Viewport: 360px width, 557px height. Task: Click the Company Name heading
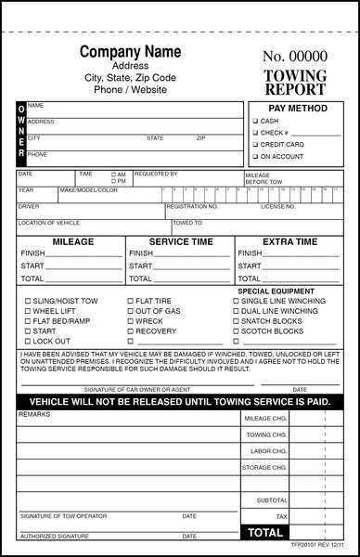tap(130, 51)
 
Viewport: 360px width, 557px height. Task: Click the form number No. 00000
tap(295, 57)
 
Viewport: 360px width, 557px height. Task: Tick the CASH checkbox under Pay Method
tap(255, 121)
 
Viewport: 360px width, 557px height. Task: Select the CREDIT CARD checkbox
tap(255, 145)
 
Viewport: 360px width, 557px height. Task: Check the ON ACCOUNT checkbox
tap(255, 157)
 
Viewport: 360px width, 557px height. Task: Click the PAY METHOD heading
tap(294, 108)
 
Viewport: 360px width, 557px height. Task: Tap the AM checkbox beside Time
tap(114, 174)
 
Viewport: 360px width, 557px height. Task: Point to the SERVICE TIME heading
tap(181, 241)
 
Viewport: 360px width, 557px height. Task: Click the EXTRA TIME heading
tap(289, 241)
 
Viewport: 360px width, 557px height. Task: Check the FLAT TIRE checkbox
tap(131, 302)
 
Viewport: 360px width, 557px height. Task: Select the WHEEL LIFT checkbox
tap(27, 312)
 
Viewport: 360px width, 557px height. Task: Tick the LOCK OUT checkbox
tap(27, 342)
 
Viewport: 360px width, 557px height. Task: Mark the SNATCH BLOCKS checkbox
tap(237, 321)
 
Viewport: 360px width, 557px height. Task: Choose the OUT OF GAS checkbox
tap(131, 312)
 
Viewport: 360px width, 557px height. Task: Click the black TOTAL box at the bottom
tap(264, 533)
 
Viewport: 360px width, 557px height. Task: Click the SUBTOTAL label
tap(272, 500)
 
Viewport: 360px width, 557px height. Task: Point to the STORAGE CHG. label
tap(265, 468)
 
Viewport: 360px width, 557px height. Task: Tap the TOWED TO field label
tap(186, 223)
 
